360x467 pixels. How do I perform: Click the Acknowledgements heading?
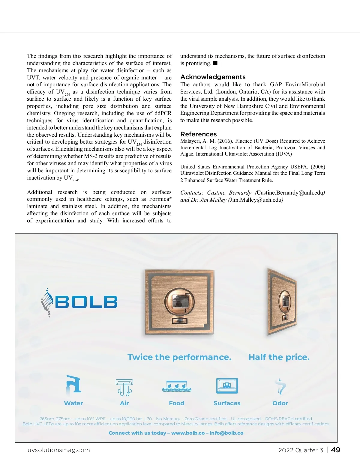pyautogui.click(x=213, y=77)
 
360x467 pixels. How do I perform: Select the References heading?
pyautogui.click(x=198, y=134)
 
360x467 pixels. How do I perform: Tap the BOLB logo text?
pyautogui.click(x=86, y=302)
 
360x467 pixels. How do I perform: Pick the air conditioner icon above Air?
pyautogui.click(x=124, y=387)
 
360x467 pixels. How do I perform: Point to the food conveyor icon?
pyautogui.click(x=177, y=386)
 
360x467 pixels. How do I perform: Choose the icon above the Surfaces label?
pyautogui.click(x=227, y=386)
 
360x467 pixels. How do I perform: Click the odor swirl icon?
pyautogui.click(x=280, y=386)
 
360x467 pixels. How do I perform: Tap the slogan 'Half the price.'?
pyautogui.click(x=279, y=357)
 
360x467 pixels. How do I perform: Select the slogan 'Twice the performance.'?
pyautogui.click(x=179, y=357)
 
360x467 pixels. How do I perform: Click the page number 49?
pyautogui.click(x=336, y=450)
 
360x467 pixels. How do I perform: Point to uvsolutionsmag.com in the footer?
pyautogui.click(x=59, y=450)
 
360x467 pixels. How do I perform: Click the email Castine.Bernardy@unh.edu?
pyautogui.click(x=290, y=193)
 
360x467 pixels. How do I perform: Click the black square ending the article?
pyautogui.click(x=215, y=63)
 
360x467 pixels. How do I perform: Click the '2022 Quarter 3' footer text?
pyautogui.click(x=301, y=450)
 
